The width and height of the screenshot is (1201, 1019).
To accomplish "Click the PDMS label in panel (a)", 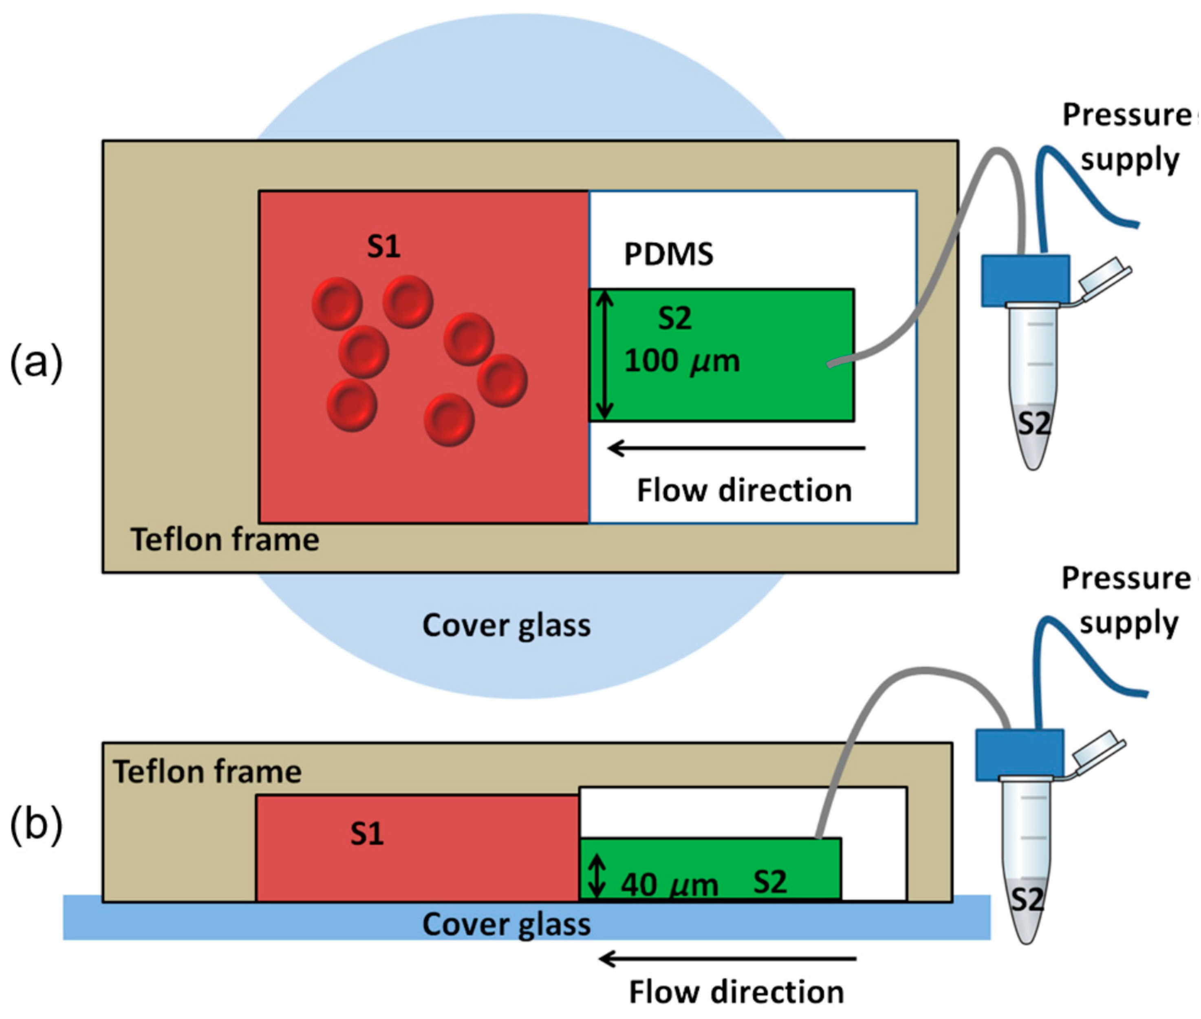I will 669,254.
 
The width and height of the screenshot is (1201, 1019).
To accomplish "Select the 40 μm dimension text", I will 669,884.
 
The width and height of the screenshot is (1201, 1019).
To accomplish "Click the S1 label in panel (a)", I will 383,247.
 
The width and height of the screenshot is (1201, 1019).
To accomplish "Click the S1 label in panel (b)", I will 367,833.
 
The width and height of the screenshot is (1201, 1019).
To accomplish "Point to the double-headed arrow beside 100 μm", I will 604,355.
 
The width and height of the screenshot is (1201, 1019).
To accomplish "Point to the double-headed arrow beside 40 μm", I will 597,876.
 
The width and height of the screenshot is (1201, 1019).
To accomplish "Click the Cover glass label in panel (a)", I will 507,625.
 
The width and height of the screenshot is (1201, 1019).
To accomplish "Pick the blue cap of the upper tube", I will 1025,281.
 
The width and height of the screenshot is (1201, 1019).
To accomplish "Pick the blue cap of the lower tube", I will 1019,754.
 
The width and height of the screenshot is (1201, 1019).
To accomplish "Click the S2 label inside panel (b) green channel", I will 770,882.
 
